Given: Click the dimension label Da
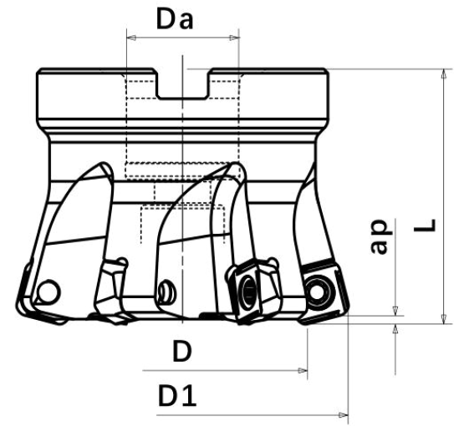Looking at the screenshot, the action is click(x=175, y=19).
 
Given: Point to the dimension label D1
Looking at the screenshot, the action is click(x=177, y=396).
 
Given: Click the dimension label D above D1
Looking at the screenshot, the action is click(x=182, y=351).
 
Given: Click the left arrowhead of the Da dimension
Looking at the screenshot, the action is click(x=131, y=38).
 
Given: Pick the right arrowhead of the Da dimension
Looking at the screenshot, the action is click(x=234, y=38).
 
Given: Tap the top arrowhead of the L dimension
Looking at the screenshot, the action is click(x=444, y=74).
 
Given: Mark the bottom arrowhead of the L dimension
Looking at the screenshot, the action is click(x=444, y=319).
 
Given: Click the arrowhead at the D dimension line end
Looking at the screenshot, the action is click(x=303, y=370).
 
